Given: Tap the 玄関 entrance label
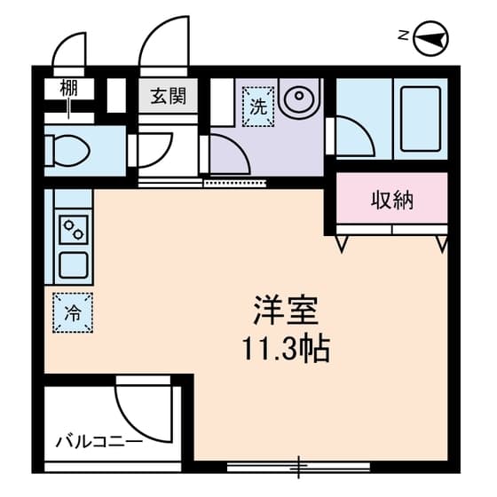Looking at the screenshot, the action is pyautogui.click(x=169, y=96).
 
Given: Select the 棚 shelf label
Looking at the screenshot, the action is pyautogui.click(x=69, y=88).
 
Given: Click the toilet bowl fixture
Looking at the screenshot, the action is pyautogui.click(x=67, y=151).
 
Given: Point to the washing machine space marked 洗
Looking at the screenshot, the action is pyautogui.click(x=258, y=106).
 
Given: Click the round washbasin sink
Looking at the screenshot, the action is pyautogui.click(x=300, y=96).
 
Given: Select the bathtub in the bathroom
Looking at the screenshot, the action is pyautogui.click(x=421, y=119).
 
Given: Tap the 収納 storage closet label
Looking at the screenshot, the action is pyautogui.click(x=392, y=201).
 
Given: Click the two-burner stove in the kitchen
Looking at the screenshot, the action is pyautogui.click(x=74, y=230).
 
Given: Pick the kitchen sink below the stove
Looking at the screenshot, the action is pyautogui.click(x=74, y=264).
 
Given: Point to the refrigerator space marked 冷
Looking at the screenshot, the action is pyautogui.click(x=73, y=312).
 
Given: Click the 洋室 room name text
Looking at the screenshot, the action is pyautogui.click(x=286, y=310).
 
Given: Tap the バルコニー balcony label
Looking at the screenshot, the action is pyautogui.click(x=99, y=442).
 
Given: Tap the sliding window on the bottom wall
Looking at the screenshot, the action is pyautogui.click(x=298, y=467).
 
